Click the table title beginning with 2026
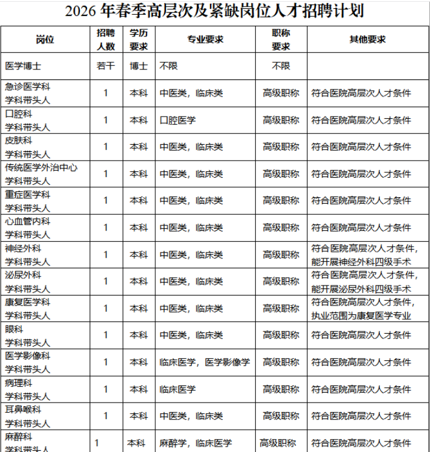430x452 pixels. tap(214, 11)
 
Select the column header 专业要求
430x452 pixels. tap(206, 39)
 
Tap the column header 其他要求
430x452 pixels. tap(368, 39)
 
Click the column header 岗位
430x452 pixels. tap(45, 39)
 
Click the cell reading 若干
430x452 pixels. tap(106, 66)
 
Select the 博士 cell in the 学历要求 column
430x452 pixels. tap(139, 66)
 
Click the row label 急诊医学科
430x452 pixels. tap(28, 87)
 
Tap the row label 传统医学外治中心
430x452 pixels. tap(42, 167)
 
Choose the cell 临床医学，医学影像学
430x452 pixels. tap(204, 362)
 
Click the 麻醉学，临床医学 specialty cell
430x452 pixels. tap(195, 443)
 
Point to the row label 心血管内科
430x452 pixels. tap(28, 221)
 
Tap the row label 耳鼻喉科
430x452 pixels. tap(23, 409)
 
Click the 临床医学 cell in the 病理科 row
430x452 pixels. tap(178, 389)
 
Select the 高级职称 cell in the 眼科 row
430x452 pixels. tap(281, 335)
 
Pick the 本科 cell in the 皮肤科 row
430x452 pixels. tap(139, 147)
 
